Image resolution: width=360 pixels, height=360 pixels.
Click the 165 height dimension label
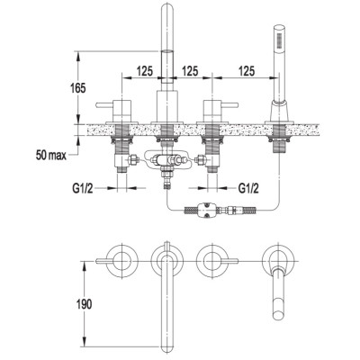pyautogui.click(x=77, y=88)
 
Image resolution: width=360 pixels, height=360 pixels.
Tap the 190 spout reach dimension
pyautogui.click(x=84, y=304)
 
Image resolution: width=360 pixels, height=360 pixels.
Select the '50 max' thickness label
pyautogui.click(x=51, y=156)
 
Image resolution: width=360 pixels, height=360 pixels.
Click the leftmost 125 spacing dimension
pyautogui.click(x=145, y=71)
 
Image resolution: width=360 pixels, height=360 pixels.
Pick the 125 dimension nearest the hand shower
pyautogui.click(x=247, y=71)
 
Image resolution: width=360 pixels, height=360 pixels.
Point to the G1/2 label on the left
pyautogui.click(x=83, y=189)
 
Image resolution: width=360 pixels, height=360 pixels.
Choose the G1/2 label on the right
pyautogui.click(x=248, y=189)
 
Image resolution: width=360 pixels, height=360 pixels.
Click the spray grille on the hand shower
pyautogui.click(x=280, y=40)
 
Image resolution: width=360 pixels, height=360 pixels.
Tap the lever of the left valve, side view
pyautogui.click(x=104, y=105)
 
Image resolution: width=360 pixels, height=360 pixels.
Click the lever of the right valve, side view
pyautogui.click(x=229, y=105)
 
